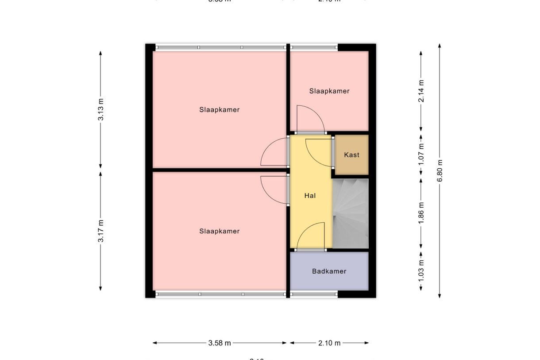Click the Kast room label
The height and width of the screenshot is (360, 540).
[x=351, y=155]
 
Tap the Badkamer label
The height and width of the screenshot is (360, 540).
[x=329, y=271]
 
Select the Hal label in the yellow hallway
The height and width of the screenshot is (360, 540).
[x=311, y=195]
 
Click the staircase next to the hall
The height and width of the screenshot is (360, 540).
[x=350, y=213]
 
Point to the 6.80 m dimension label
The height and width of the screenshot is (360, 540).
[x=440, y=170]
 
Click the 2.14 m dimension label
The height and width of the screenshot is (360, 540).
[x=421, y=91]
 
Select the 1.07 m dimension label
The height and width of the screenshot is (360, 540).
[x=421, y=152]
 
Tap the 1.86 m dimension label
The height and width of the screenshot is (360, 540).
[x=421, y=211]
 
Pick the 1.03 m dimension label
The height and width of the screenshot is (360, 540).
[x=421, y=268]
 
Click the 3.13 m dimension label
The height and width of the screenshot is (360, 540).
[x=101, y=110]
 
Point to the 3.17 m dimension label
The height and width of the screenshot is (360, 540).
[x=101, y=231]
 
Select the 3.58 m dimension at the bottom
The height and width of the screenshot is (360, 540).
[x=220, y=343]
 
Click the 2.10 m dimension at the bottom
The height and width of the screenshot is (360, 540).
[x=329, y=343]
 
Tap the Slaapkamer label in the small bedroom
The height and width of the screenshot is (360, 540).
[x=329, y=91]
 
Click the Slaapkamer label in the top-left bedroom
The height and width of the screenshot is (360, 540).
[x=219, y=110]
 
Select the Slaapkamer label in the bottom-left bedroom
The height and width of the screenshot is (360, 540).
[x=219, y=231]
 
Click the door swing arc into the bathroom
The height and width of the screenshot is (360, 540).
[x=311, y=235]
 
